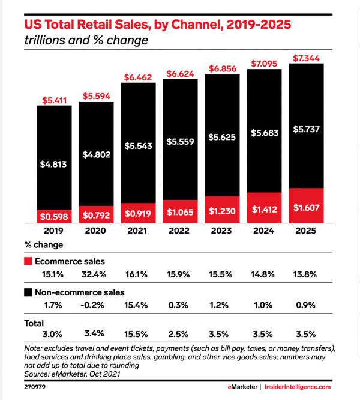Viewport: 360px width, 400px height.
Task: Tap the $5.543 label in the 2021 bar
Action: pyautogui.click(x=139, y=146)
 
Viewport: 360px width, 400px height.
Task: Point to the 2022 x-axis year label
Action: pyautogui.click(x=181, y=231)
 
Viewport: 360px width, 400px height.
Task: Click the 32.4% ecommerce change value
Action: pyautogui.click(x=97, y=274)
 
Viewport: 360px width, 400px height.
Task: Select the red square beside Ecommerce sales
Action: pyautogui.click(x=28, y=261)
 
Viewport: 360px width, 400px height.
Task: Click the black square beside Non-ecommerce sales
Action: pyautogui.click(x=28, y=293)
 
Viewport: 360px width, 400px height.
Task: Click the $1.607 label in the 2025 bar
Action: pyautogui.click(x=307, y=208)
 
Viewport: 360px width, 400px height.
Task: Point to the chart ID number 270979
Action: pyautogui.click(x=35, y=387)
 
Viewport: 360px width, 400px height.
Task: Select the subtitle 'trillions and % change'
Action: pyautogui.click(x=86, y=41)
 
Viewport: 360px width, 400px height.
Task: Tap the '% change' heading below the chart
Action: pyautogui.click(x=43, y=245)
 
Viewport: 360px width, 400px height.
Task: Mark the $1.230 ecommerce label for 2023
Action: pyautogui.click(x=223, y=211)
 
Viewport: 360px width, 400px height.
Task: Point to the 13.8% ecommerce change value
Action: pyautogui.click(x=307, y=274)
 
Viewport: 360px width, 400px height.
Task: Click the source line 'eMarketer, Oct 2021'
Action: pyautogui.click(x=84, y=374)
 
